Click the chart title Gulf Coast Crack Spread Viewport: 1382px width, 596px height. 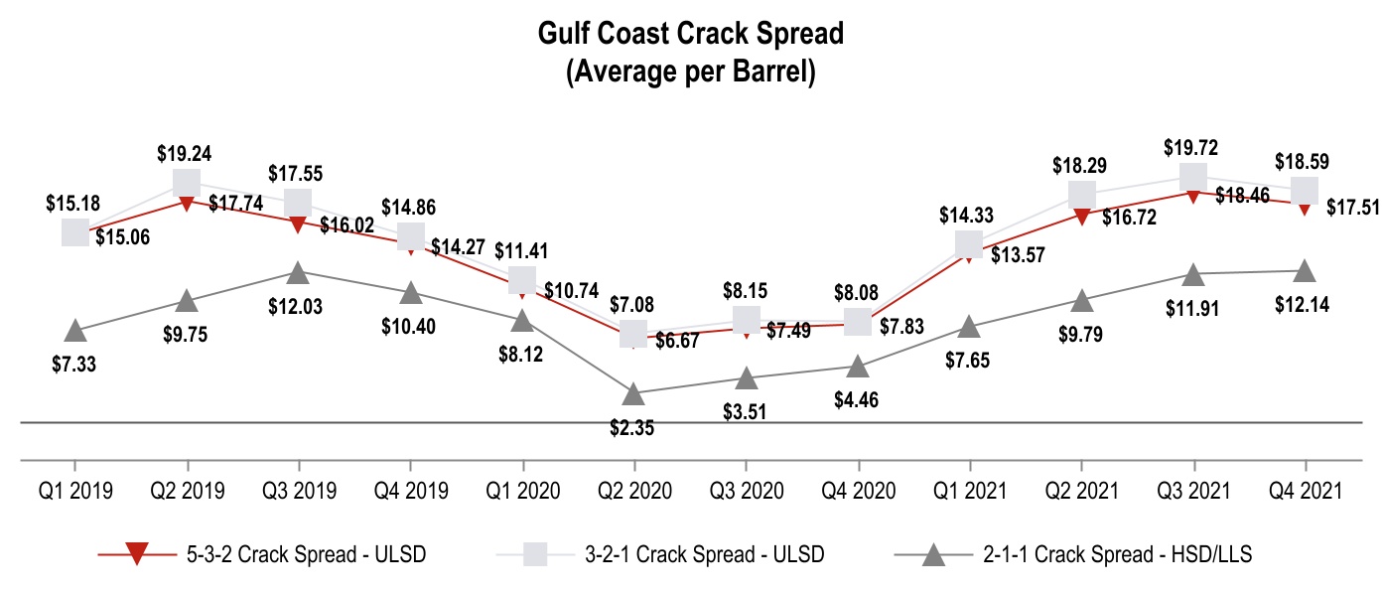[690, 34]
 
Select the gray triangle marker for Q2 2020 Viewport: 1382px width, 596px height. [633, 394]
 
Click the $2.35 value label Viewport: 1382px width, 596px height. [632, 428]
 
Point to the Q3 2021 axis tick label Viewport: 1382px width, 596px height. [1193, 491]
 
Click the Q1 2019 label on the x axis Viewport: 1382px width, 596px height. [74, 491]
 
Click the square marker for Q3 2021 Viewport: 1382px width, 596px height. [1193, 177]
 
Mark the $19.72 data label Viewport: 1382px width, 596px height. [1192, 148]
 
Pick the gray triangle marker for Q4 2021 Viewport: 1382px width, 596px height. [1305, 270]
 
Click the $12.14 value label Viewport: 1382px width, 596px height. [1303, 304]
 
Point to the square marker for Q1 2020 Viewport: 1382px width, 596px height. [522, 279]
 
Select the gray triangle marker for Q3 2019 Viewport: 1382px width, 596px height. [297, 271]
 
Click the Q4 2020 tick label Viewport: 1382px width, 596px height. [858, 491]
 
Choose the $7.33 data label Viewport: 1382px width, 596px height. [74, 364]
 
